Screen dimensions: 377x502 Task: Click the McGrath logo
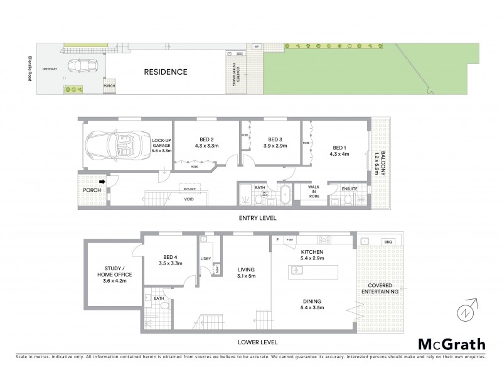(x=451, y=344)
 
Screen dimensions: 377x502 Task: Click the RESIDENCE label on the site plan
(x=166, y=72)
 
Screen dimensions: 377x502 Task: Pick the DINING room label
(x=312, y=301)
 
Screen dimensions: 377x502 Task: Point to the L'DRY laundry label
(x=205, y=260)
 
